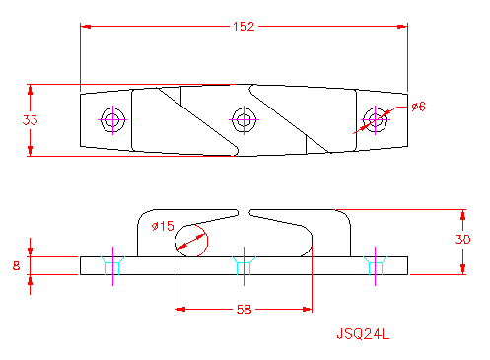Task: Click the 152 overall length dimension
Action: pyautogui.click(x=243, y=26)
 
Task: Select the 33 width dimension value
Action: pyautogui.click(x=31, y=119)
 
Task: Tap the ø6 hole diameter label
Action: pyautogui.click(x=417, y=107)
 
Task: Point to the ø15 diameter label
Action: pyautogui.click(x=163, y=226)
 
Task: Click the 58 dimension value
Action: pyautogui.click(x=243, y=310)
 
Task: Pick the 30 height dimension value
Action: pyautogui.click(x=463, y=240)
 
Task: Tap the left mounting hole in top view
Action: pyautogui.click(x=112, y=120)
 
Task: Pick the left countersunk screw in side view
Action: pyautogui.click(x=112, y=264)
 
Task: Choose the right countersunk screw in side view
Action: pyautogui.click(x=374, y=264)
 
